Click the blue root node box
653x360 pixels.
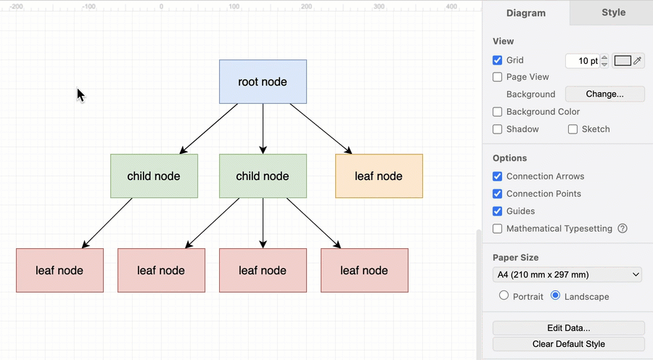tap(263, 81)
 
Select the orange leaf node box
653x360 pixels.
tap(379, 176)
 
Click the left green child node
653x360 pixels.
tap(154, 176)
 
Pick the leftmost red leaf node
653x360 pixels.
tap(59, 270)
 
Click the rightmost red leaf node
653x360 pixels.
tap(364, 270)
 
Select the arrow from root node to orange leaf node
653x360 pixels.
tap(321, 128)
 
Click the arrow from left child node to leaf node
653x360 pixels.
tap(107, 223)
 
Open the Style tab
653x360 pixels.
tap(613, 12)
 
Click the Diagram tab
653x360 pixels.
tap(526, 13)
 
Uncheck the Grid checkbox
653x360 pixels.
tap(498, 60)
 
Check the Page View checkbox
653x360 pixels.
tap(498, 77)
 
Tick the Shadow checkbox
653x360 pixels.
tap(498, 129)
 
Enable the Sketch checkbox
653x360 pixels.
tap(573, 129)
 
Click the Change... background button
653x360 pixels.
tap(604, 94)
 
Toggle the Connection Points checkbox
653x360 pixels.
tap(498, 194)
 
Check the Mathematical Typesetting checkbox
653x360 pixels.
tap(498, 229)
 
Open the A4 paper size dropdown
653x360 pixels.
tap(567, 274)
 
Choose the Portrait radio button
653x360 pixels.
tap(504, 296)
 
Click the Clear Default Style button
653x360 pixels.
tap(568, 344)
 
